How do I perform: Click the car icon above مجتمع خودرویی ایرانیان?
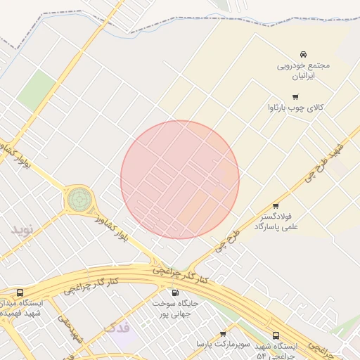[x=303, y=54]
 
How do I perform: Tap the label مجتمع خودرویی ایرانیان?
[x=303, y=69]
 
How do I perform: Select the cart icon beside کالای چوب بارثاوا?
[x=295, y=97]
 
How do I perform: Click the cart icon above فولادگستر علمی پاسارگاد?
[x=276, y=206]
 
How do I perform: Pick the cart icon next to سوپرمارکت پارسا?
[x=223, y=334]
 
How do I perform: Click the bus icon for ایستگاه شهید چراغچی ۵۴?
[x=276, y=336]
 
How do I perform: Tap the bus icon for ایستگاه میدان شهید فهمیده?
[x=20, y=292]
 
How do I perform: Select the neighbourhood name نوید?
[x=21, y=229]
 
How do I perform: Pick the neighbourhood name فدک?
[x=116, y=328]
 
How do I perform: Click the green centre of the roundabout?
[x=79, y=200]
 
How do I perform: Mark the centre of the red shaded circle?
[x=180, y=180]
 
